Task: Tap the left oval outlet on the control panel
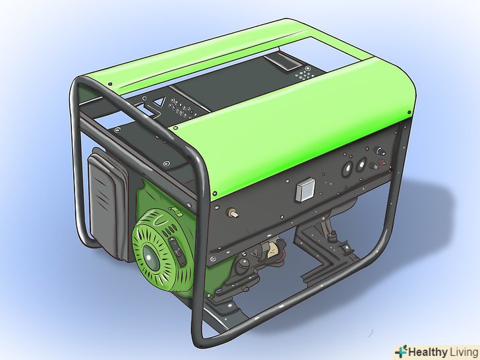coord(348,167)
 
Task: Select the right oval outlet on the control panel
coord(361,165)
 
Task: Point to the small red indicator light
coord(381,162)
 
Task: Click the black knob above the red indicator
coord(380,151)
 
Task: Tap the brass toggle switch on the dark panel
coord(233,214)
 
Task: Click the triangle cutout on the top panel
coord(159,105)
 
